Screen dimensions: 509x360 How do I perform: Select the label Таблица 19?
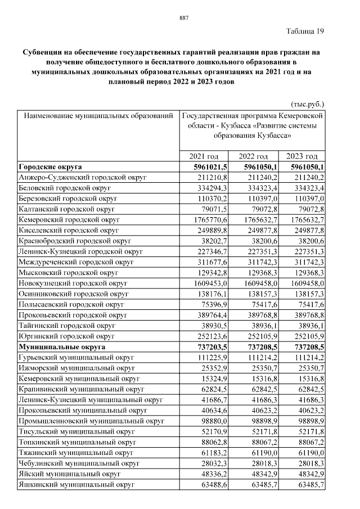[305, 30]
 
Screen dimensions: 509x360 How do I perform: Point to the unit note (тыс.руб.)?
[307, 104]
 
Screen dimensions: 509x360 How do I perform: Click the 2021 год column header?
[204, 156]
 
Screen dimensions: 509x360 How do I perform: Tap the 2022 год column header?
[253, 156]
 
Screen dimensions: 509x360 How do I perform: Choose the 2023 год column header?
[302, 156]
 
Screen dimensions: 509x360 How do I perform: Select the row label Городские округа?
[50, 167]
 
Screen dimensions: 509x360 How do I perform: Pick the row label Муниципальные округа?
[58, 347]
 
